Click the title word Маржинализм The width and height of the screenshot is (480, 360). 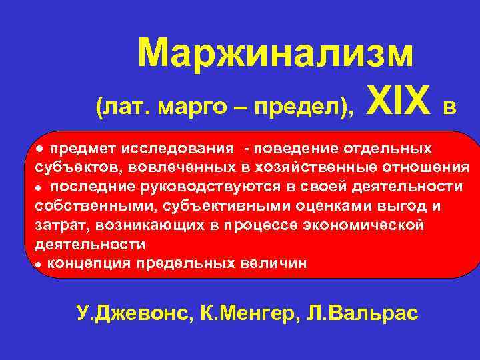pyautogui.click(x=275, y=54)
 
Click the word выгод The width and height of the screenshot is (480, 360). pyautogui.click(x=393, y=205)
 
